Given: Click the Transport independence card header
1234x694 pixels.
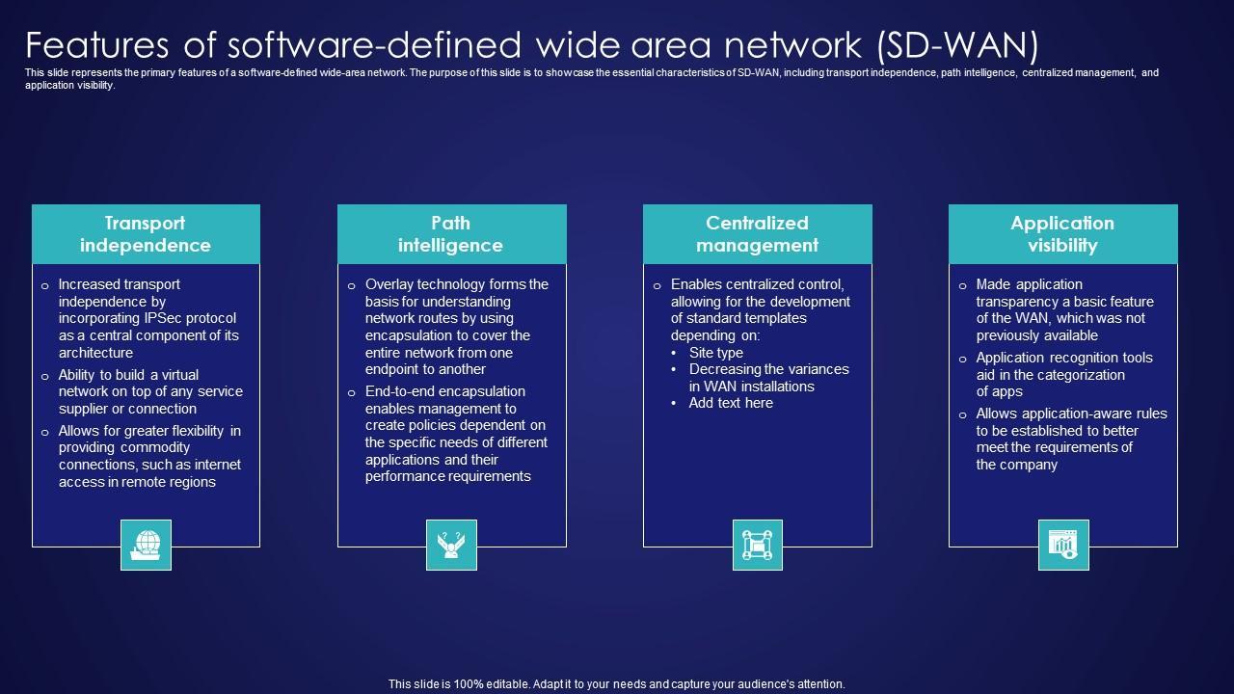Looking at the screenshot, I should (146, 234).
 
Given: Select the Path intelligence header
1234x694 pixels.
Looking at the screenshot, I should (451, 234).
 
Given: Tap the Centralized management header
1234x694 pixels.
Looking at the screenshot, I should (757, 234).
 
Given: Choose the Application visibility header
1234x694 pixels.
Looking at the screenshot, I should (1062, 234).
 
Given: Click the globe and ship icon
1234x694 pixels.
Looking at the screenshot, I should (146, 545).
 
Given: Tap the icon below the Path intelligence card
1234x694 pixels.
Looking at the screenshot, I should (451, 545).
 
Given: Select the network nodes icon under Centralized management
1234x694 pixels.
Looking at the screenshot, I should (757, 545).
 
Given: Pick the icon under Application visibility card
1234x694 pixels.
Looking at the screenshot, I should (1062, 545).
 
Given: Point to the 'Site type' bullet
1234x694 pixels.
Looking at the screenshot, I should (715, 353).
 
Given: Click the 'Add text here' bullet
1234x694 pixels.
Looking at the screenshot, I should (731, 403).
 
